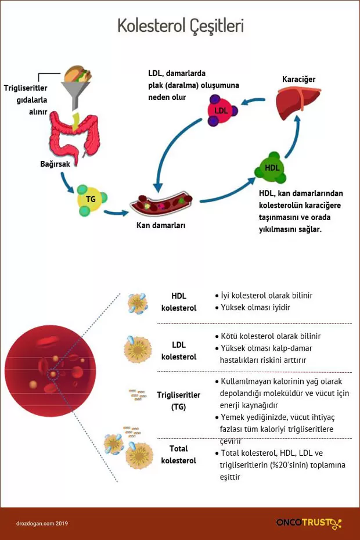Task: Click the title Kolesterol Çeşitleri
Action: [180, 26]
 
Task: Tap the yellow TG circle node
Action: [91, 199]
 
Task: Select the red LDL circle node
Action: [221, 110]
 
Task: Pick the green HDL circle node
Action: [272, 168]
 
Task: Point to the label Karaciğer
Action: [298, 79]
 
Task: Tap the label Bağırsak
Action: [55, 164]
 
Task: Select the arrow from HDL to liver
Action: [295, 139]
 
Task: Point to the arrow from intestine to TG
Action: [68, 184]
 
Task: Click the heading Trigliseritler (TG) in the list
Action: [179, 401]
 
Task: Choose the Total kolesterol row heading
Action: [179, 455]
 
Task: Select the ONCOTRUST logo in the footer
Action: [308, 523]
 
